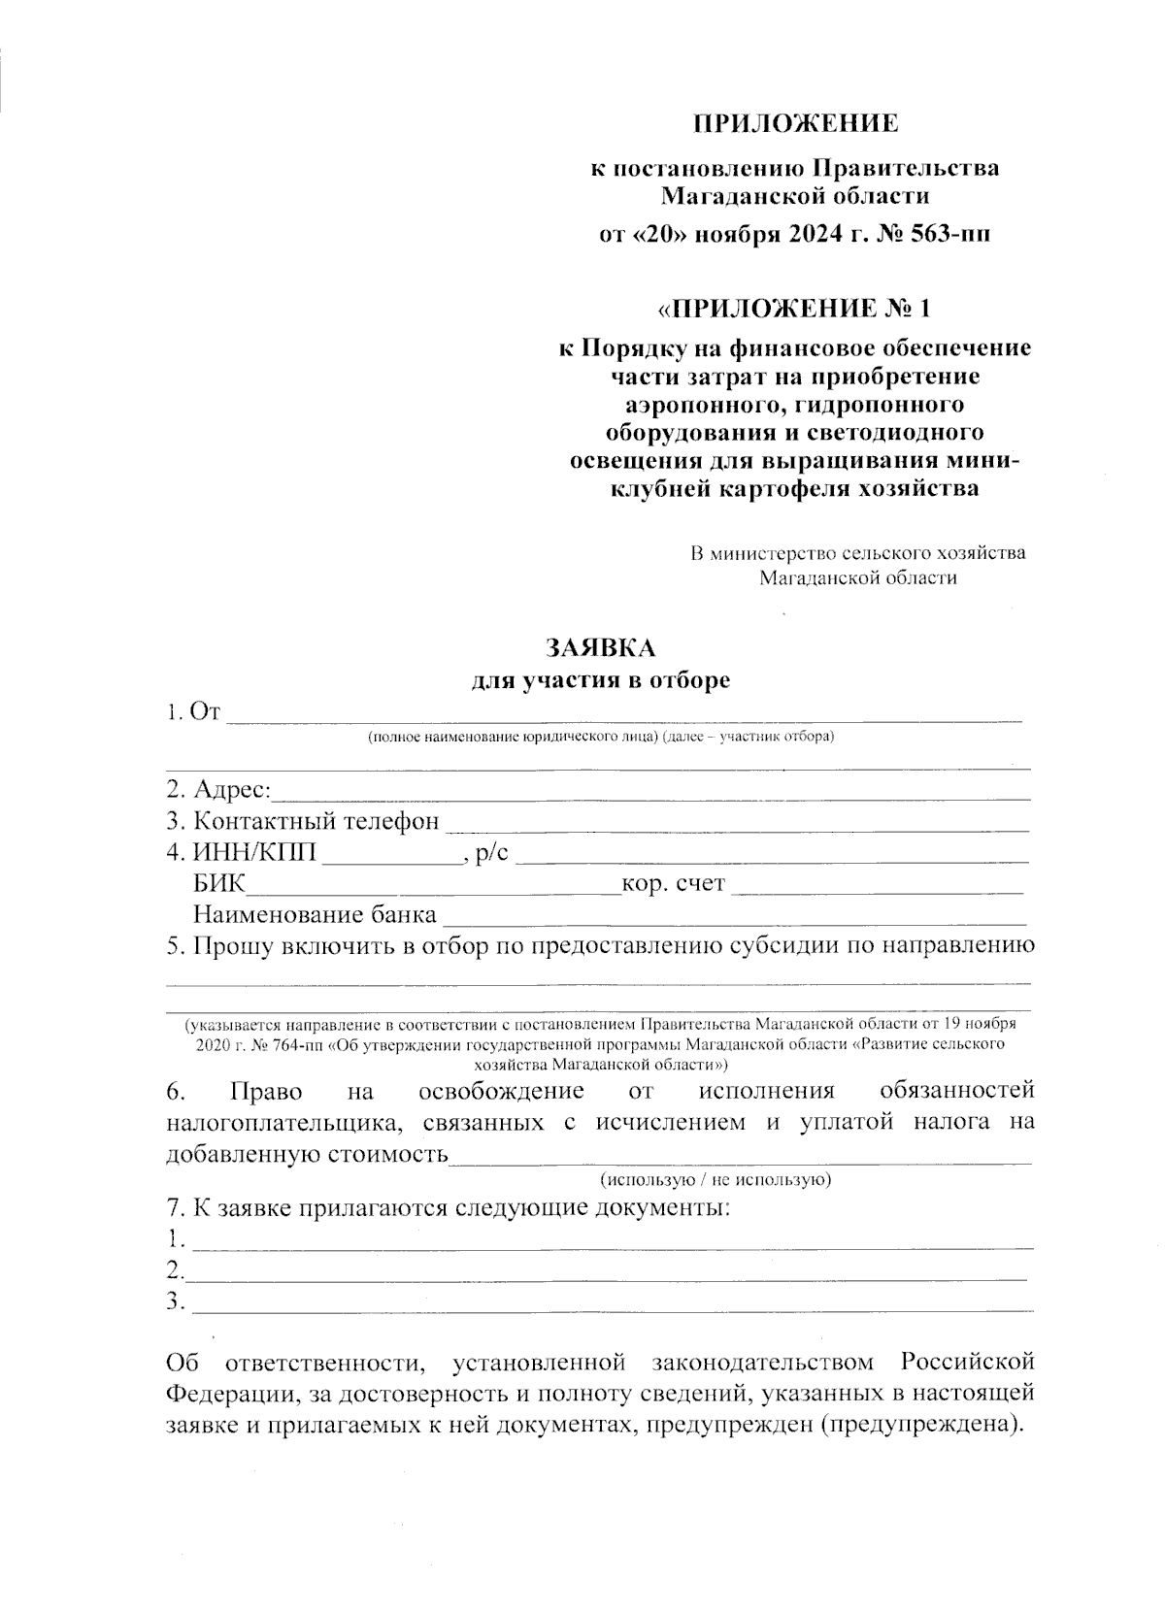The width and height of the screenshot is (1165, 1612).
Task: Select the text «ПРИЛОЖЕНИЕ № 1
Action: pos(794,309)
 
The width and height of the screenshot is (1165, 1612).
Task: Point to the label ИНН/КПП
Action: pos(255,854)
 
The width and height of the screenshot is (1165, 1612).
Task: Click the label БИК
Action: pos(219,884)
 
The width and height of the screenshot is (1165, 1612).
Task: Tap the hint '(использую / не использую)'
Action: pos(716,1180)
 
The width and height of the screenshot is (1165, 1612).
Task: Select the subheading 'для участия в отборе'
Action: pos(600,680)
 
